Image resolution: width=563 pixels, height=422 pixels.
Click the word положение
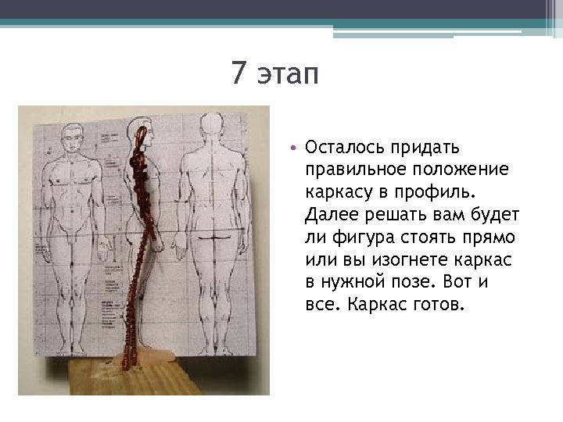pos(454,170)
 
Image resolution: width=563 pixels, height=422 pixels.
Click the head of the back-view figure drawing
pos(210,128)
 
